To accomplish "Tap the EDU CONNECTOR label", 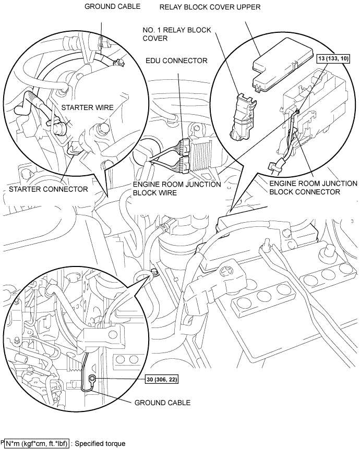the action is (x=176, y=60).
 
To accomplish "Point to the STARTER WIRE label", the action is (x=88, y=107).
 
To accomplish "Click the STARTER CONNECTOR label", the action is (x=49, y=189).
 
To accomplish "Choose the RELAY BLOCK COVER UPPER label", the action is (x=210, y=7).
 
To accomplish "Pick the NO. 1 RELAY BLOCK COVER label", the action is (x=177, y=34).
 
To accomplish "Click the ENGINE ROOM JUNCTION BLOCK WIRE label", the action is (x=177, y=188).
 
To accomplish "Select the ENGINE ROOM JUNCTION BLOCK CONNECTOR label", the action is (x=314, y=188).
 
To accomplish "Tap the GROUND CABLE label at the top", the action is (x=113, y=6).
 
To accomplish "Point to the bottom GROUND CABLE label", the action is (x=162, y=403).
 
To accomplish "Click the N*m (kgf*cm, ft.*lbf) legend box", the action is (x=37, y=444).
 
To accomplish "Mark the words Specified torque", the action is (x=100, y=444).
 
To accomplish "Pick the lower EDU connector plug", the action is (x=183, y=164).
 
